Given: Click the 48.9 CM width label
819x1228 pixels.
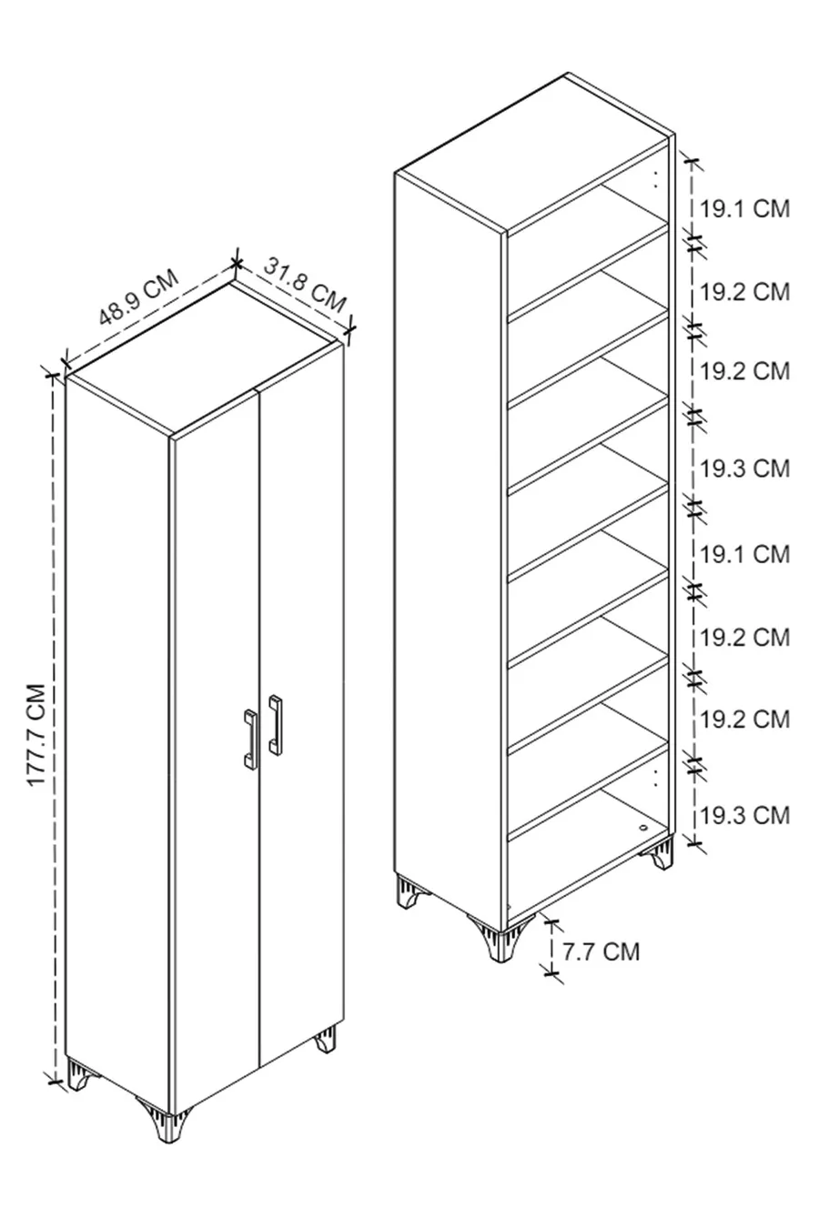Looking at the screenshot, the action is (139, 297).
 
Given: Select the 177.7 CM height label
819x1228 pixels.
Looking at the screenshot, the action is (36, 735).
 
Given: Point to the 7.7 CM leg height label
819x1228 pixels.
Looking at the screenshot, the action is (601, 951).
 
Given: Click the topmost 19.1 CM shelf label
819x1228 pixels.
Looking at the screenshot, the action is (745, 209).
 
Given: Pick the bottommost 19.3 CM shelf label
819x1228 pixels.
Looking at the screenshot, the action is (745, 815).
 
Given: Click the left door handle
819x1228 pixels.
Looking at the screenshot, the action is (249, 739).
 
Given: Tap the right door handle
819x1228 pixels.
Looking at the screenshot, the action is (276, 724).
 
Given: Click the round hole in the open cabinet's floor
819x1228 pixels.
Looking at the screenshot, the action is (643, 824).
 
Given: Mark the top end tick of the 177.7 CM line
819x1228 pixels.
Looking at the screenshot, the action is (53, 376).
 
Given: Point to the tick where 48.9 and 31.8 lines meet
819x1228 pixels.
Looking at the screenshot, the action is (237, 264).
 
